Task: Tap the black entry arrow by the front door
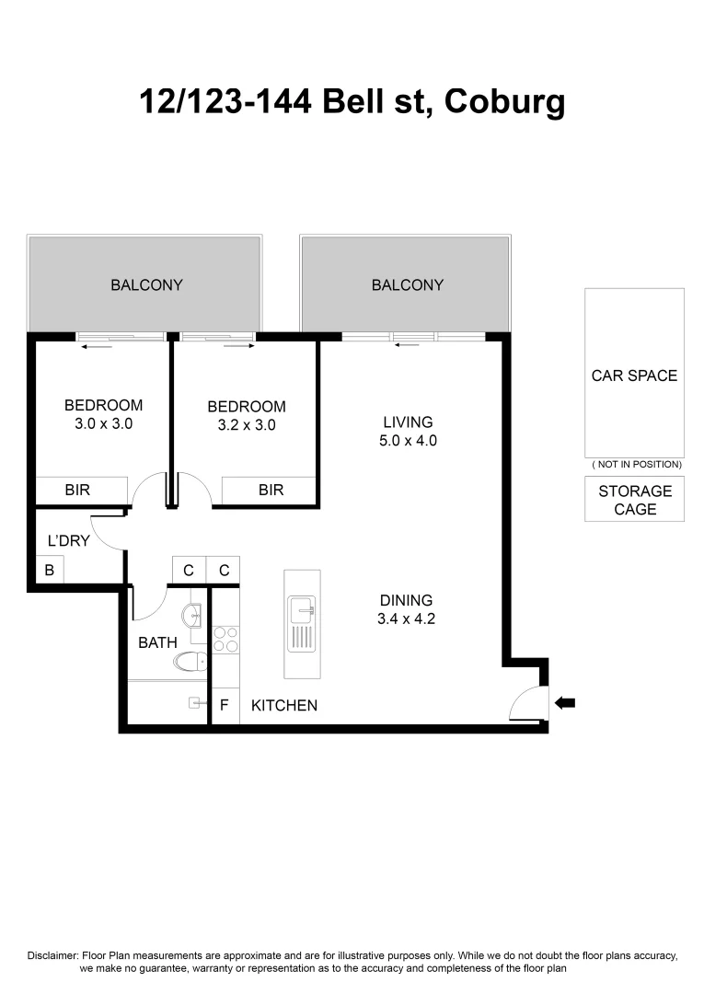pyautogui.click(x=564, y=703)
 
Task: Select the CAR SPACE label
pyautogui.click(x=634, y=376)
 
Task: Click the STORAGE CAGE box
pyautogui.click(x=634, y=500)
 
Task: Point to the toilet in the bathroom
pyautogui.click(x=191, y=661)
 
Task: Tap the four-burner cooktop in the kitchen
pyautogui.click(x=225, y=639)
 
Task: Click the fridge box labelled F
pyautogui.click(x=224, y=706)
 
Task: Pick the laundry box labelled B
pyautogui.click(x=50, y=571)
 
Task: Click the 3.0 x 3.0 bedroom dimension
pyautogui.click(x=103, y=424)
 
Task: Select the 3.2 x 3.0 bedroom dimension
pyautogui.click(x=246, y=425)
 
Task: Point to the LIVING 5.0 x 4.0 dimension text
pyautogui.click(x=408, y=441)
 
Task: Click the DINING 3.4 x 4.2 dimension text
pyautogui.click(x=406, y=619)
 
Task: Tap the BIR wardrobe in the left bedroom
pyautogui.click(x=78, y=491)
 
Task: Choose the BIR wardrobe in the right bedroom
pyautogui.click(x=271, y=491)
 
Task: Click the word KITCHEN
pyautogui.click(x=284, y=706)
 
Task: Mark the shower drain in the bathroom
pyautogui.click(x=194, y=703)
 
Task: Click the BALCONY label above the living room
pyautogui.click(x=408, y=285)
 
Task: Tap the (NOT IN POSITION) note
pyautogui.click(x=634, y=464)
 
